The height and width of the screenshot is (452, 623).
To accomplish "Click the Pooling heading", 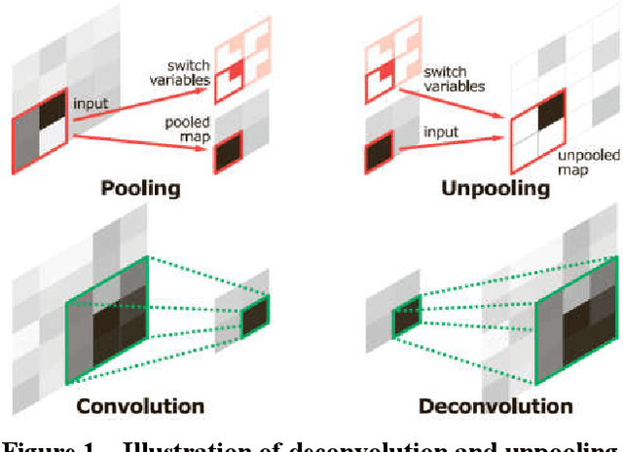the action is click(140, 187).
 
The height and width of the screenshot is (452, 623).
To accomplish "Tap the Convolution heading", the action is click(142, 405).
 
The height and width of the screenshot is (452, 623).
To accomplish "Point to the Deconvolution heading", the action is click(495, 405).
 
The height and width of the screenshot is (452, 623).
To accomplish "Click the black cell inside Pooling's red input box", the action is click(54, 105).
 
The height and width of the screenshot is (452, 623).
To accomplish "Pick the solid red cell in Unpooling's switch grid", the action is click(386, 72).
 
